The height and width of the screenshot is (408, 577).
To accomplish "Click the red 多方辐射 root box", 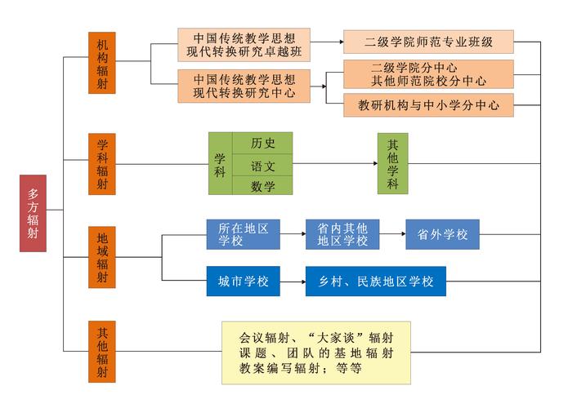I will point(33,213).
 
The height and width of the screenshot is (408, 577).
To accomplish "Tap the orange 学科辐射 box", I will point(101,163).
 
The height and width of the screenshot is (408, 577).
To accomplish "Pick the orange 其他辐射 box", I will point(101,352).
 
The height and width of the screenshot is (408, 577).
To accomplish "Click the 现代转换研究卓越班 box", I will point(244,43).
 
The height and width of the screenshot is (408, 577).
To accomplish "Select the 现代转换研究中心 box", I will point(244,86).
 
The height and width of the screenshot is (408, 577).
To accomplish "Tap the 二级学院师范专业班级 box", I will point(428,42).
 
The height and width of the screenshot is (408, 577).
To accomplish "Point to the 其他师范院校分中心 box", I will point(428,74).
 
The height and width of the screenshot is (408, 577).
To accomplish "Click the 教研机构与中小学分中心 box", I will point(428,105).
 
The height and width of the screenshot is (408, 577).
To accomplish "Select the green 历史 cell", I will point(262,143).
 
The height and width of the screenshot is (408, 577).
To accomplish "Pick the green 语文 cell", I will point(262,165).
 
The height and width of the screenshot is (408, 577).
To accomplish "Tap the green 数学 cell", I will point(262,186).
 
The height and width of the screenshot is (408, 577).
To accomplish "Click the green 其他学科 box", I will point(392,163).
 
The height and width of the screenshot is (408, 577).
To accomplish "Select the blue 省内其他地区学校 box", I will point(342,234).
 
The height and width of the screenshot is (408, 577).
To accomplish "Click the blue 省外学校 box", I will point(442,234).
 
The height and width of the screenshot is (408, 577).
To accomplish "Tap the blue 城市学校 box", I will point(243,282).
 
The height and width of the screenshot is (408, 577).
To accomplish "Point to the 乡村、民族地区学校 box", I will point(376,282).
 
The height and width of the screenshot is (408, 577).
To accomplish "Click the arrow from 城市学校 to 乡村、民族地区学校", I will point(292,282).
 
